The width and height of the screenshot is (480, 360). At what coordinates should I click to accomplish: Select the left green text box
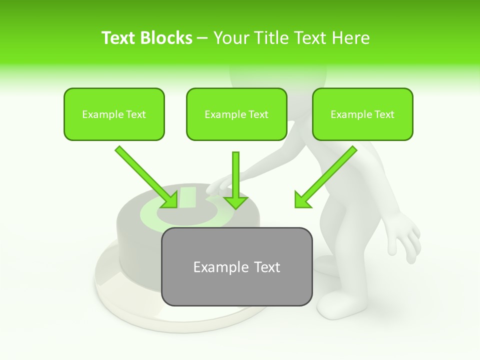point(114,114)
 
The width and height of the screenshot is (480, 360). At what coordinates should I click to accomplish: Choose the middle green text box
point(236,114)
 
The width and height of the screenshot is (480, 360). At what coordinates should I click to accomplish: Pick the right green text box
point(362,114)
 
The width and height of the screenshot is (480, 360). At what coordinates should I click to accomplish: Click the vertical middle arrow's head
point(235,201)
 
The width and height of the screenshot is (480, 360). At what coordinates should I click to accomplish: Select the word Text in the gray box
point(266,267)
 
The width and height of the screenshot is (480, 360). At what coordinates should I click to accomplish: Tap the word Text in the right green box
point(384,114)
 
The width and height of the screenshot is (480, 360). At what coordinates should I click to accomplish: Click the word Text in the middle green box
point(258,114)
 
